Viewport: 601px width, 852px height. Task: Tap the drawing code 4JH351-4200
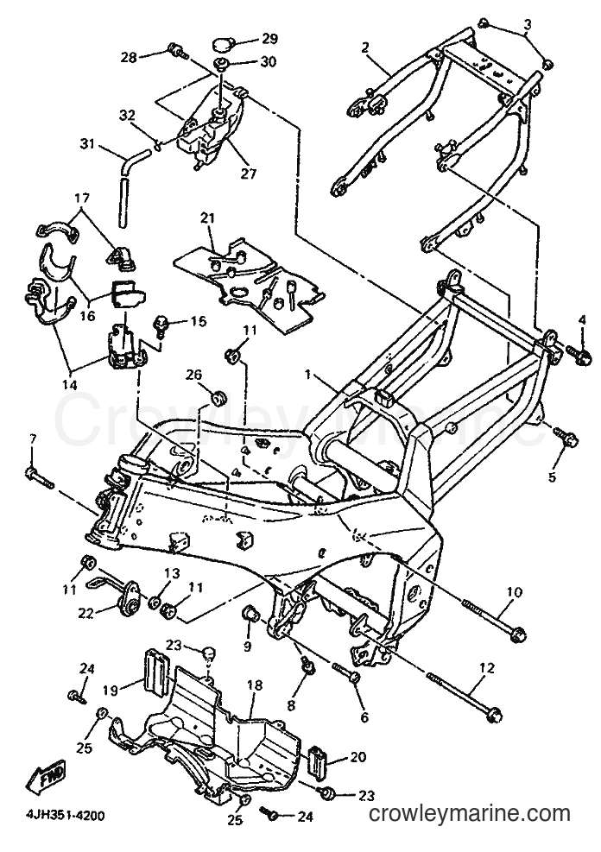coord(57,816)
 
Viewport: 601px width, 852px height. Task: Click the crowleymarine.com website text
coord(470,813)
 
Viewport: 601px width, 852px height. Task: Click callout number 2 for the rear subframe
coord(365,47)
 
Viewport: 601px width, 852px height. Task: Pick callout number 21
coord(207,218)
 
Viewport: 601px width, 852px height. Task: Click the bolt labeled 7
coord(39,476)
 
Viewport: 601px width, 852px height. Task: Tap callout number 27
coord(250,174)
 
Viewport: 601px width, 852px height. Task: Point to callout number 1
coord(307,376)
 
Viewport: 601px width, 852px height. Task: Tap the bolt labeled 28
coord(178,50)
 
